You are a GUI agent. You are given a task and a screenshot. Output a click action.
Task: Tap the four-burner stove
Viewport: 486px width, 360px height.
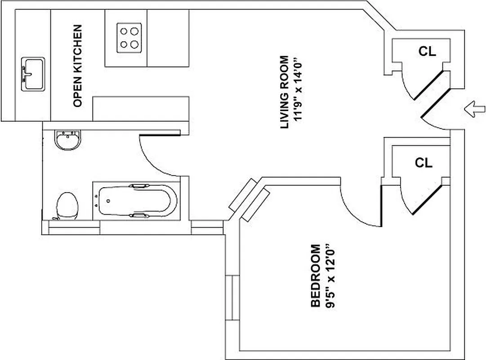pos(129,38)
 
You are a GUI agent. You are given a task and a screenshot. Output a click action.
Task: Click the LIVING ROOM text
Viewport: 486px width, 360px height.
pos(284,92)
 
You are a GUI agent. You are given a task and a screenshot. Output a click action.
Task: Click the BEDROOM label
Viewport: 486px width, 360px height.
pos(316,276)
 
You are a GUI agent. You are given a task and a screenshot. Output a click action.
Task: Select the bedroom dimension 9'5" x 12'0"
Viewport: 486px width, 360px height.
pos(330,276)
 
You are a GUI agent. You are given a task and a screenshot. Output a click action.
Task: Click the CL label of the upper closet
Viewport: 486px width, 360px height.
pos(427,51)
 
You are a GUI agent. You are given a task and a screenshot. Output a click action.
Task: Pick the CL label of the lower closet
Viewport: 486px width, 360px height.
pos(423,162)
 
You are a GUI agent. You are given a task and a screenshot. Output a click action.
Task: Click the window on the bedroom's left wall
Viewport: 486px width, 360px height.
pos(232,297)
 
